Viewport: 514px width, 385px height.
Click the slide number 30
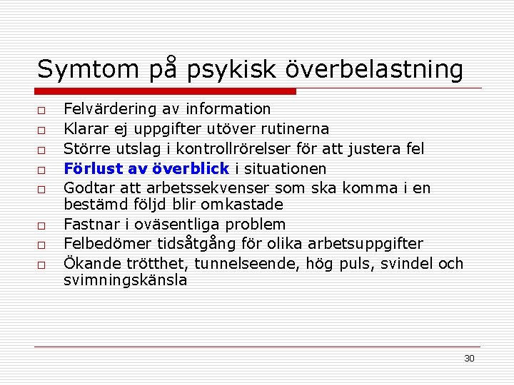tap(469, 359)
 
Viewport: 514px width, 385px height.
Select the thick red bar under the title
tap(166, 91)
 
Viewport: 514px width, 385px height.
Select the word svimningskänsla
tap(126, 280)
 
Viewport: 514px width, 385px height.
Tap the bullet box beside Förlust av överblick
tap(43, 171)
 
